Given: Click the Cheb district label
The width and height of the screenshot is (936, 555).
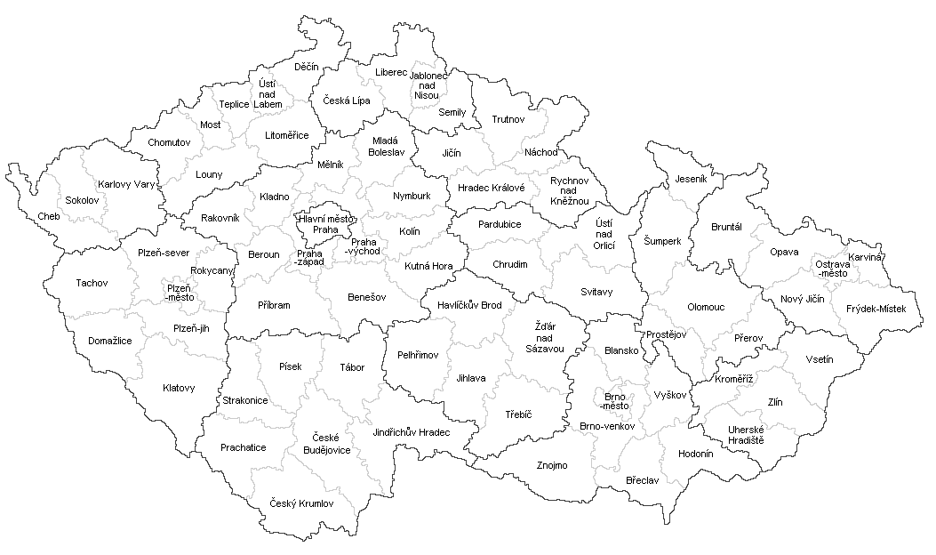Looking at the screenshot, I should (x=49, y=216).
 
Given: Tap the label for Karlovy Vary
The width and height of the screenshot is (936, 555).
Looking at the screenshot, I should (x=126, y=185).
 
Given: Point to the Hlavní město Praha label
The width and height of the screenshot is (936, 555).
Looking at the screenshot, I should (x=318, y=223).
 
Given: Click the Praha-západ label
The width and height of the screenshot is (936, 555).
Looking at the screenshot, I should (x=309, y=258).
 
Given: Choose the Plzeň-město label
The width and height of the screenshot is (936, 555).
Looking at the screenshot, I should (x=178, y=293).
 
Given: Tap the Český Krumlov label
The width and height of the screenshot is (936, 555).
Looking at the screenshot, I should (x=301, y=503).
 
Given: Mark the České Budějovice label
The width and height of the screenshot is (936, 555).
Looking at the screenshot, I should (x=331, y=444).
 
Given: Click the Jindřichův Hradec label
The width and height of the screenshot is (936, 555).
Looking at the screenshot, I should (x=412, y=431).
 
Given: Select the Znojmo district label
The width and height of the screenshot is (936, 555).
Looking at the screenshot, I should (x=552, y=465).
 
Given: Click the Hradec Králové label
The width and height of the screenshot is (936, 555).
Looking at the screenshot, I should (x=491, y=188).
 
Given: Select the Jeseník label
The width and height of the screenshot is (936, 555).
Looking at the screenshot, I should (x=690, y=179).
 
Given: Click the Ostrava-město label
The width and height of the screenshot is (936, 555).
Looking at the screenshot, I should (x=833, y=268).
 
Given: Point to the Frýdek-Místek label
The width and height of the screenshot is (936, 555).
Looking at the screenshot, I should (x=876, y=309).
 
